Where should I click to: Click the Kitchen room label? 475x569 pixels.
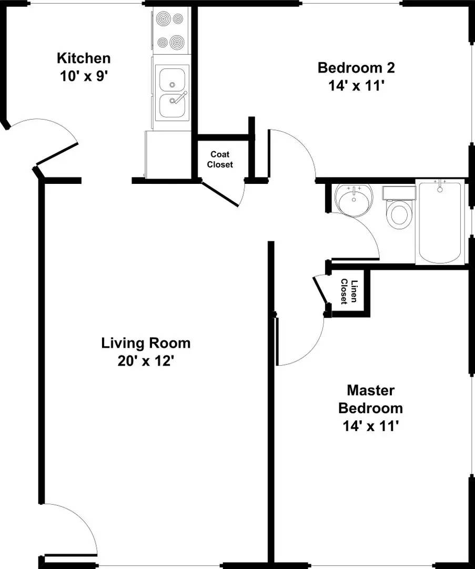(84, 57)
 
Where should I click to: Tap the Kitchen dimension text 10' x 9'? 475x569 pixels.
(84, 75)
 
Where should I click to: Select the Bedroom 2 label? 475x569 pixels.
(356, 67)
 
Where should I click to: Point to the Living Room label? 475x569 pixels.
(146, 344)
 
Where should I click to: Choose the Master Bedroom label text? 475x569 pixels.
(370, 399)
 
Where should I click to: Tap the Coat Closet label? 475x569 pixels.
(220, 159)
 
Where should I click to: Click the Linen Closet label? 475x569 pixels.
(349, 291)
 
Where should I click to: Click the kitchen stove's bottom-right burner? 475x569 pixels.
(178, 41)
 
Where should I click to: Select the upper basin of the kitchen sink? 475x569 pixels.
(172, 79)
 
